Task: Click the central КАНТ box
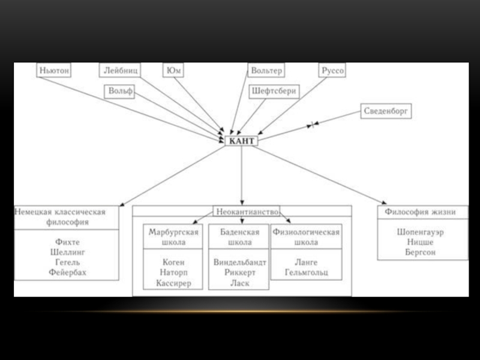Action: click(x=242, y=141)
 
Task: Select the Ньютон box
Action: click(x=54, y=70)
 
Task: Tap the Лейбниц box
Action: click(x=120, y=70)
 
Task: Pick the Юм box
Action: click(x=173, y=70)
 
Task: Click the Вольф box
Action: click(x=119, y=91)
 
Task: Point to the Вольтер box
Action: click(x=266, y=70)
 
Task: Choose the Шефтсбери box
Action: click(x=274, y=91)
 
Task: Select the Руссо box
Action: click(x=332, y=70)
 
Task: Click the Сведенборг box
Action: click(x=386, y=111)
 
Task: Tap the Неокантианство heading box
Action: click(x=247, y=212)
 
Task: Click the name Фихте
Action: click(x=68, y=242)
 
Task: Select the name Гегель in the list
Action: click(x=68, y=262)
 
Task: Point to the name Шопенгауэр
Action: click(x=421, y=232)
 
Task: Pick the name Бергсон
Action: click(x=421, y=252)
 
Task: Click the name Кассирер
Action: click(x=173, y=283)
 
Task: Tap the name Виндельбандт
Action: click(x=239, y=262)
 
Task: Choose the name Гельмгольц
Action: click(x=307, y=272)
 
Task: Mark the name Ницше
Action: click(x=421, y=242)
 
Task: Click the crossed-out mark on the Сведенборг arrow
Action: click(x=312, y=125)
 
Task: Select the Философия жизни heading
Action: click(x=421, y=212)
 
